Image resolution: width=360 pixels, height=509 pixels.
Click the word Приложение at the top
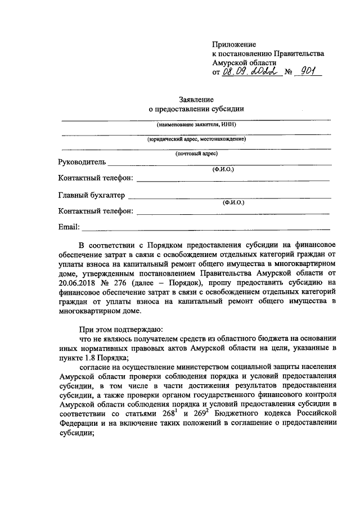click(234, 44)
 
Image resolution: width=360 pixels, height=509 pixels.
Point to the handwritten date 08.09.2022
click(250, 72)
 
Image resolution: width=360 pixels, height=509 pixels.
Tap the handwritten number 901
click(308, 71)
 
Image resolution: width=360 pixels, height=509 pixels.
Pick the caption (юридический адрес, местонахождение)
click(196, 139)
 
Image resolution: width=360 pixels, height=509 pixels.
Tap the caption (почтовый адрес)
click(196, 154)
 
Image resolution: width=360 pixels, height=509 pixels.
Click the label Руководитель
click(82, 163)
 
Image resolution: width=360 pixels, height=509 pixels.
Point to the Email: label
click(69, 227)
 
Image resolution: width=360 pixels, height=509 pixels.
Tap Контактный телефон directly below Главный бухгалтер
click(96, 211)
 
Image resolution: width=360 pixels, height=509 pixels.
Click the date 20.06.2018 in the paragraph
click(77, 283)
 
